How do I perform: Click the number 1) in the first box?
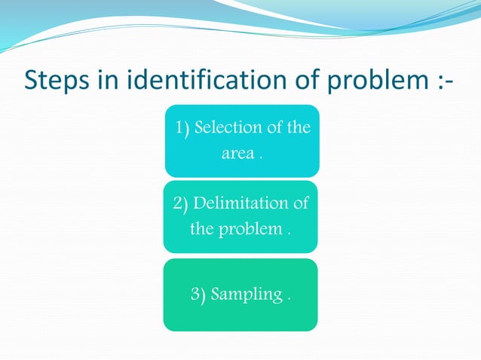pyautogui.click(x=182, y=128)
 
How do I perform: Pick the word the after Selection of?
pyautogui.click(x=299, y=127)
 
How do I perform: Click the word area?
pyautogui.click(x=237, y=154)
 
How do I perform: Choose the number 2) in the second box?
pyautogui.click(x=181, y=203)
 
